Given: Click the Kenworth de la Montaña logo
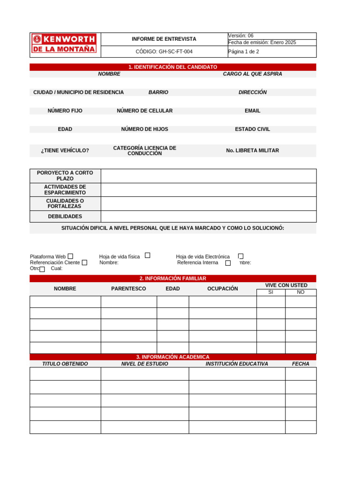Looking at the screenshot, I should tap(65, 43).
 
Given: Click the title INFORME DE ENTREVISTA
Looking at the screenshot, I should tap(164, 39).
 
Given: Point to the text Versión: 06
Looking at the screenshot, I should tap(241, 36).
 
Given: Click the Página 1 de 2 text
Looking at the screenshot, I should tap(244, 52).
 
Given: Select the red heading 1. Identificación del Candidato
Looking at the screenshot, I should tap(172, 67).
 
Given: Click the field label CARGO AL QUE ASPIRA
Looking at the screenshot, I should tap(252, 74).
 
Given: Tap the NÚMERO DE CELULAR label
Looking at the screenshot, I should tap(144, 111).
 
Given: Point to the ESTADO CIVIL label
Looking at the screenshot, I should tap(252, 129).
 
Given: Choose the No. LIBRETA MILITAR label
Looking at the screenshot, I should tap(252, 150).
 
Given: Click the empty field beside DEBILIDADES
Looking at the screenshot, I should tap(208, 217).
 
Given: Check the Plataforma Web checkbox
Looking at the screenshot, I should tap(70, 256).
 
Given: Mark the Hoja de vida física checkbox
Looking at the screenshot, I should tap(147, 255).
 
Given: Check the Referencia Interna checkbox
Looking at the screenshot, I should tap(228, 263).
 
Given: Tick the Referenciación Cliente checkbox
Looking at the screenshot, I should tap(84, 262).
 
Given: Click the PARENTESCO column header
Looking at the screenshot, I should tap(128, 289).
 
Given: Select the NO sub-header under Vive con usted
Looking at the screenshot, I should tap(300, 292).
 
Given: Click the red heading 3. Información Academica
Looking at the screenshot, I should tap(172, 357).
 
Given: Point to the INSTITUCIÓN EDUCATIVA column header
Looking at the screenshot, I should tap(237, 364).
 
